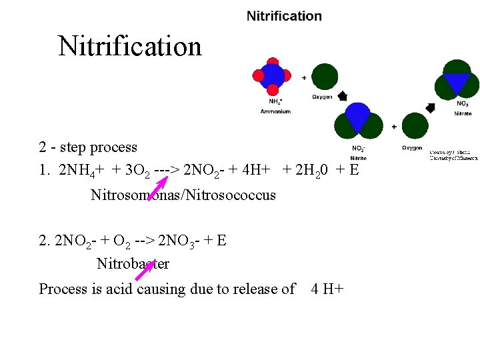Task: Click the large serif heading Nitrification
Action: coord(130,47)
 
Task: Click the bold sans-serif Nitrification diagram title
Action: coord(284,16)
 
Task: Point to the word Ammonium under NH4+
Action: coord(275,111)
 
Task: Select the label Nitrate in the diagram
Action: coord(463,114)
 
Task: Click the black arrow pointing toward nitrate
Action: coord(430,107)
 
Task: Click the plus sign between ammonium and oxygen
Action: coord(304,78)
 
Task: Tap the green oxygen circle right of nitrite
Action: coord(415,125)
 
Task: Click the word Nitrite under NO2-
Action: coord(358,158)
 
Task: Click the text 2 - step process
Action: coord(88,147)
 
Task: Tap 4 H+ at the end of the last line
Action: coord(327,289)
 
